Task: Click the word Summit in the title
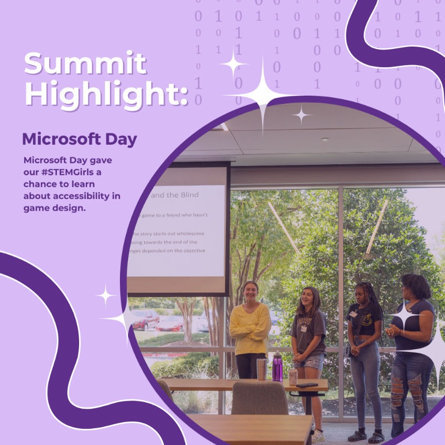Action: coord(85,64)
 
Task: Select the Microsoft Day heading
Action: coord(79,139)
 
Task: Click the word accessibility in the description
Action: coord(79,196)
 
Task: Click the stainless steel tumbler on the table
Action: coord(262,368)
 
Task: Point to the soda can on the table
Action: coord(293,377)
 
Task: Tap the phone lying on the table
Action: coord(306,384)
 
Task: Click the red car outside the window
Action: coord(145,319)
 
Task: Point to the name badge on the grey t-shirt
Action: coord(303,328)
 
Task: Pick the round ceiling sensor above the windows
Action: coord(325,140)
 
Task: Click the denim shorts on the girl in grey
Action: coord(308,361)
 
